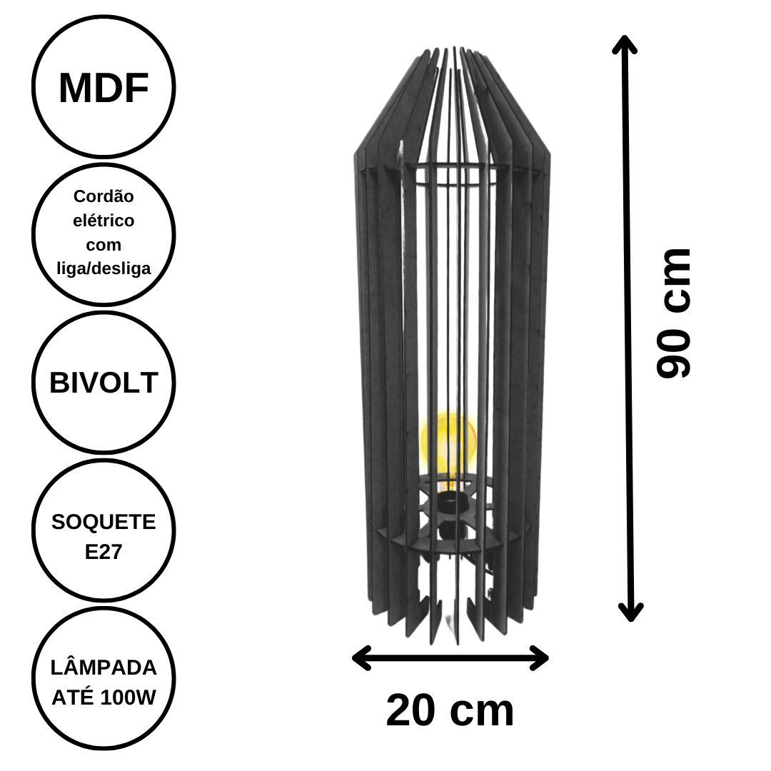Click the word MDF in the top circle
104,88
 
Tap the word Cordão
104,196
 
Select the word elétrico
104,221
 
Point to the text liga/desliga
104,268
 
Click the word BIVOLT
104,382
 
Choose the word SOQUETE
104,522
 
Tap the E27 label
104,552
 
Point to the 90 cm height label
674,313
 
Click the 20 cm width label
450,710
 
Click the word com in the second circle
104,245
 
